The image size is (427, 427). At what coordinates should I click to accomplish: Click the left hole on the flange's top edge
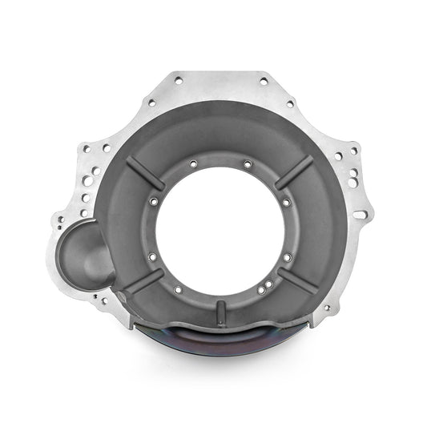[175, 81]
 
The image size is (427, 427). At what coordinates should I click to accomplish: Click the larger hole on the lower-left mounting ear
[98, 300]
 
